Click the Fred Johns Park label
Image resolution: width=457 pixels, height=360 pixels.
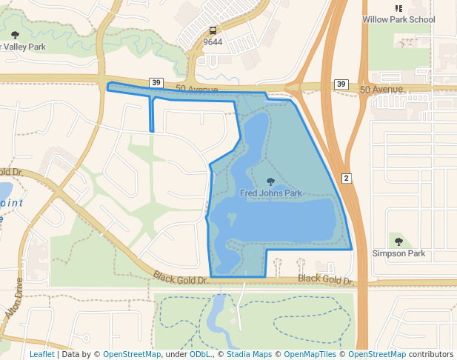(x=271, y=193)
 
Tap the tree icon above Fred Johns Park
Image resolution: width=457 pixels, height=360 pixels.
(x=270, y=181)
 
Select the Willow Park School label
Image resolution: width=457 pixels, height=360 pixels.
(x=398, y=19)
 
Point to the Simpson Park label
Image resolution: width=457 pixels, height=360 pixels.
(x=398, y=253)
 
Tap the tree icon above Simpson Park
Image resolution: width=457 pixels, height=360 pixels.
(x=398, y=241)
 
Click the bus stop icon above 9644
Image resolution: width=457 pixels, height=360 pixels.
(x=213, y=30)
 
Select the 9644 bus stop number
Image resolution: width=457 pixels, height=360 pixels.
(x=213, y=42)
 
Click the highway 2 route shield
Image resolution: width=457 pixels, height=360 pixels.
(x=346, y=178)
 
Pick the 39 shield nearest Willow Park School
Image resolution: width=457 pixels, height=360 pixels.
(x=340, y=84)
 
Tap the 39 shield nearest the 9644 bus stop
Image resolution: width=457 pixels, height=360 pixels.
(x=156, y=82)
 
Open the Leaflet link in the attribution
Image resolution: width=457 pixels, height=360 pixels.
(x=41, y=354)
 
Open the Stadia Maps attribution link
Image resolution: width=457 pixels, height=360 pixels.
(x=249, y=354)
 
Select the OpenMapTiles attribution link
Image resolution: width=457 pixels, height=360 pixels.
(x=311, y=354)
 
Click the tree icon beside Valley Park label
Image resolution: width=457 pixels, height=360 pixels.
(x=16, y=35)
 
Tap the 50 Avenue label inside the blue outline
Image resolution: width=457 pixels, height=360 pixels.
(x=197, y=90)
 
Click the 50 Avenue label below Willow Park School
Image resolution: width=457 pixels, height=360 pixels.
(x=381, y=90)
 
